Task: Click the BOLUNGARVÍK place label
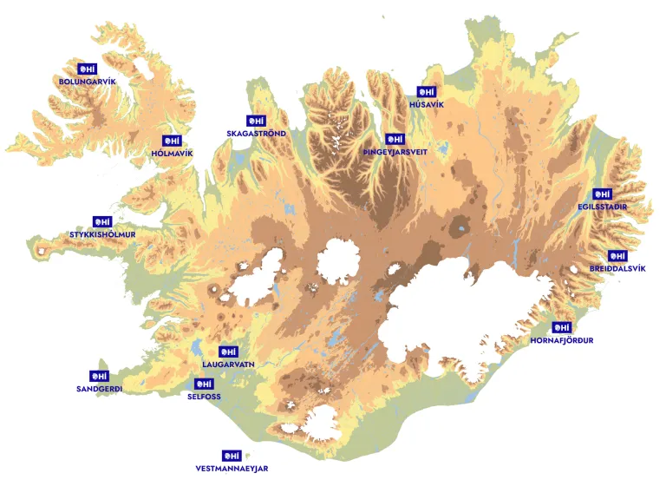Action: [x=87, y=81]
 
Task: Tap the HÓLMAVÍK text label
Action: [x=172, y=153]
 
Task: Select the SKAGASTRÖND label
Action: [x=256, y=134]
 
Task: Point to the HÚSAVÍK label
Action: [x=426, y=104]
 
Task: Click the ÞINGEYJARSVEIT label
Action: [x=395, y=151]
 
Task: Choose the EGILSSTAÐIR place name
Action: [x=602, y=207]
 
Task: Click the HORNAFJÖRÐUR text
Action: [x=562, y=340]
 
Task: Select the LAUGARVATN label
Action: [x=228, y=365]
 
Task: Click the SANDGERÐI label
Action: [x=99, y=389]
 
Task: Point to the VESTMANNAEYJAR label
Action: [x=232, y=468]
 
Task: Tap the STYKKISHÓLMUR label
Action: [x=102, y=234]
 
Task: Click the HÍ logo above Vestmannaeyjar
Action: [x=232, y=456]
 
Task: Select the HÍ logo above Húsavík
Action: [x=426, y=92]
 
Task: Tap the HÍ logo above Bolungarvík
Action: [x=87, y=69]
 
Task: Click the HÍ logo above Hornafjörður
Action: [x=562, y=328]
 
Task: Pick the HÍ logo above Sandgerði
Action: [x=99, y=377]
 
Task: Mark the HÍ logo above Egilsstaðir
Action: [x=602, y=194]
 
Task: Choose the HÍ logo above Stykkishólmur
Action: [x=102, y=222]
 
